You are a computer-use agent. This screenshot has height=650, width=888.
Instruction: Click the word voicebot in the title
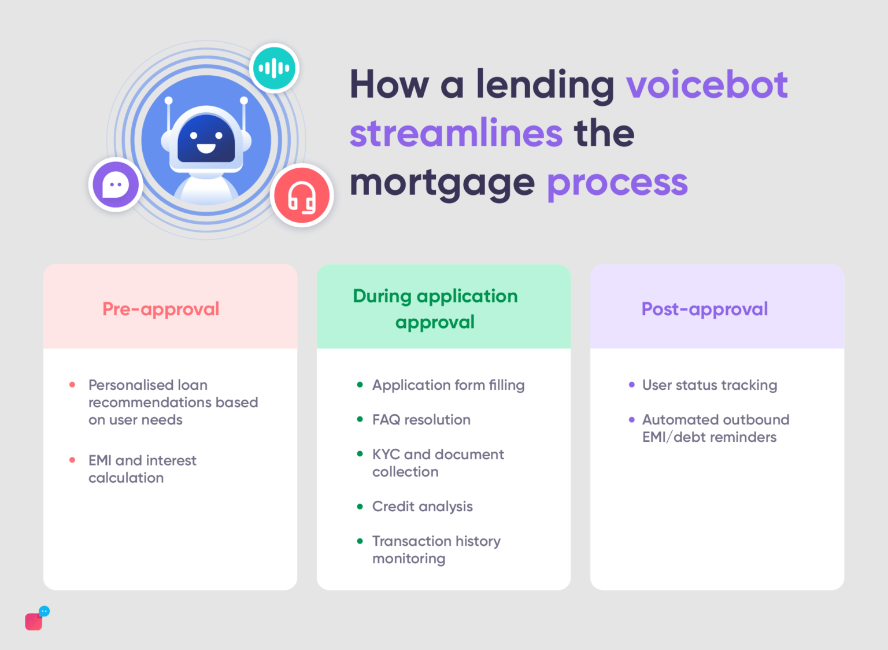(706, 84)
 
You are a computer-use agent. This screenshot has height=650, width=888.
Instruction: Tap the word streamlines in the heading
(456, 134)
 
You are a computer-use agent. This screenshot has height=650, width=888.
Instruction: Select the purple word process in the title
(617, 183)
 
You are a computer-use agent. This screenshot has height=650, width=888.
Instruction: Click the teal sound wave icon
(274, 68)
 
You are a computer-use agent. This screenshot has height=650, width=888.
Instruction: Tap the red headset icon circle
(302, 195)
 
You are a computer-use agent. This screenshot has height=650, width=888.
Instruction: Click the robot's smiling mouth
(206, 148)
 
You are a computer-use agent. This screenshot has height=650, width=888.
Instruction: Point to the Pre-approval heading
(161, 309)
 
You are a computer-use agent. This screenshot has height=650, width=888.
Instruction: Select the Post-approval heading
(705, 309)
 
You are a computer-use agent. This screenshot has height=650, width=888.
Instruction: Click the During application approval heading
(435, 309)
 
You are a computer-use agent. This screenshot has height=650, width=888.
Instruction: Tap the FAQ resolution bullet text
(421, 420)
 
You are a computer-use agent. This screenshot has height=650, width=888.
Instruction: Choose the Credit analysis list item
(423, 507)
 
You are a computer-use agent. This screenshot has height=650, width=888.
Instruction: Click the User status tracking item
(709, 385)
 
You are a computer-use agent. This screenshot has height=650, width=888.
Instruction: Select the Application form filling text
(448, 385)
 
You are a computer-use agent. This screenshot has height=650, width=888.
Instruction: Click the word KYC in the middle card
(386, 455)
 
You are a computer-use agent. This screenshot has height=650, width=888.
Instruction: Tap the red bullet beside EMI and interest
(72, 460)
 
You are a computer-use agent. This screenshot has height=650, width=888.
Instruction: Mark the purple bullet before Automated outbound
(631, 420)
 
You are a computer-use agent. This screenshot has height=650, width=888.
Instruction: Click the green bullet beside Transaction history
(360, 541)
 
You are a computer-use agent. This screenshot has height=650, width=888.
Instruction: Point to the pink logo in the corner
(35, 621)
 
